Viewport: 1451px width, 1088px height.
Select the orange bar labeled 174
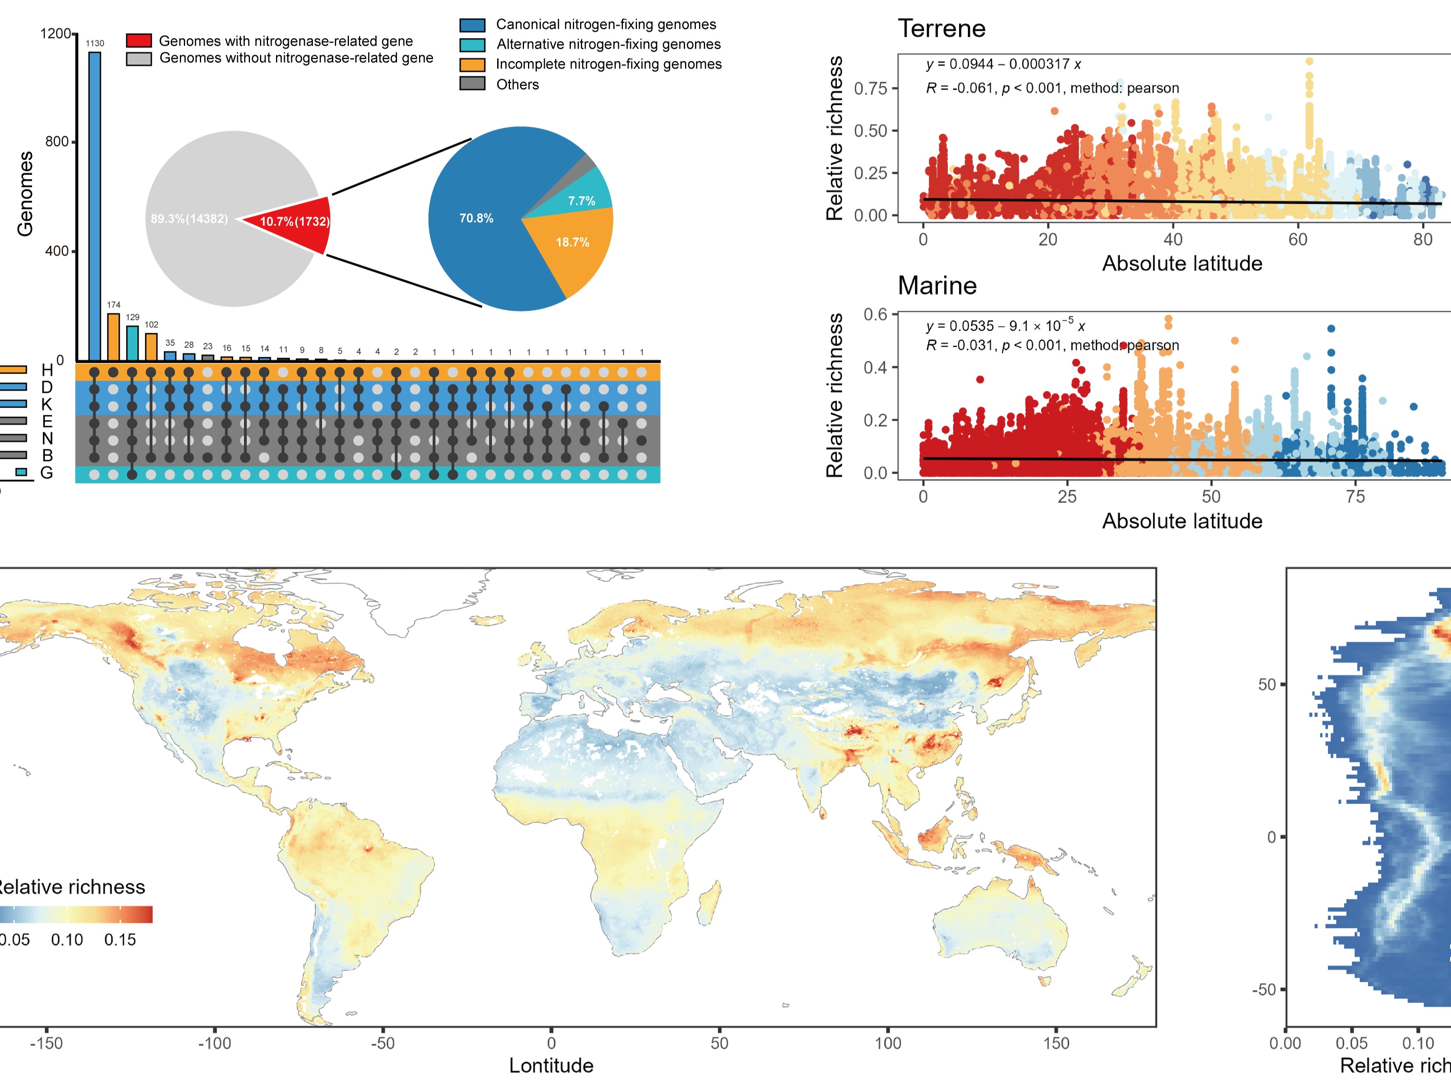tap(113, 337)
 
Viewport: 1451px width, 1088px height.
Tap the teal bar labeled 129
tap(133, 343)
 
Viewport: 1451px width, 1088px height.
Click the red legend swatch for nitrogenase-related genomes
tap(139, 41)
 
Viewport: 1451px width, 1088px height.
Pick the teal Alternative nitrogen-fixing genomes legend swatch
tap(472, 44)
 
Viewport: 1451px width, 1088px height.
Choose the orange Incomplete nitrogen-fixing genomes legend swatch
tap(472, 64)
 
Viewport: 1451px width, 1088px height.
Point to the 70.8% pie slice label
tap(476, 218)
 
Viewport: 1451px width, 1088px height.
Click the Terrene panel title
tap(941, 29)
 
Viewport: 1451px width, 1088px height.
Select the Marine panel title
tap(937, 286)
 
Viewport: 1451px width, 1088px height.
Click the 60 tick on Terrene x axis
tap(1298, 240)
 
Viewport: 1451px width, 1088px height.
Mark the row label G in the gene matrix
tap(46, 473)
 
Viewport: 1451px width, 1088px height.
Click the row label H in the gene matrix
tap(46, 370)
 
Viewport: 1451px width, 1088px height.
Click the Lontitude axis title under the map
tap(551, 1066)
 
